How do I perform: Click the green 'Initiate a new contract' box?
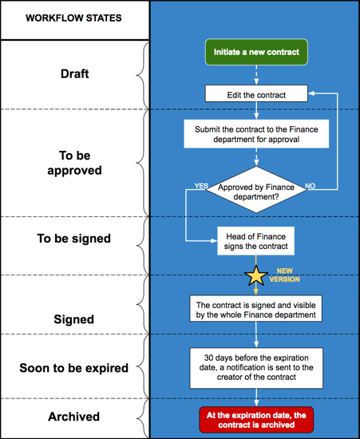tap(256, 52)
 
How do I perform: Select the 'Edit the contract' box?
tap(256, 93)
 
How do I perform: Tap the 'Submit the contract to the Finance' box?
tap(256, 134)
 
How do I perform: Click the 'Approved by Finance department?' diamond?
tap(256, 190)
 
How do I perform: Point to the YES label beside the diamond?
tap(201, 186)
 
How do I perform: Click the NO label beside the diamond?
tap(311, 186)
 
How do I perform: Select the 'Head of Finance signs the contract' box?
tap(256, 241)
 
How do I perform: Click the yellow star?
tap(256, 276)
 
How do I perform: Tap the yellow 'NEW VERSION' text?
tap(284, 275)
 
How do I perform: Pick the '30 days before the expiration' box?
tap(256, 368)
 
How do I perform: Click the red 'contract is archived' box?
tap(256, 420)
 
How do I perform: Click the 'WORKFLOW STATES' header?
tap(73, 18)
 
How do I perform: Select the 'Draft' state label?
tap(75, 73)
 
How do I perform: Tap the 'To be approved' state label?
tap(74, 163)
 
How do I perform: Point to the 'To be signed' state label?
tap(74, 239)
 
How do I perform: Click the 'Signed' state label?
tap(74, 319)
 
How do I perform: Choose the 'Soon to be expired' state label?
tap(74, 368)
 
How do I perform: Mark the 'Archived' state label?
tap(74, 417)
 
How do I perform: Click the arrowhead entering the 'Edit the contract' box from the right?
tap(311, 93)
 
